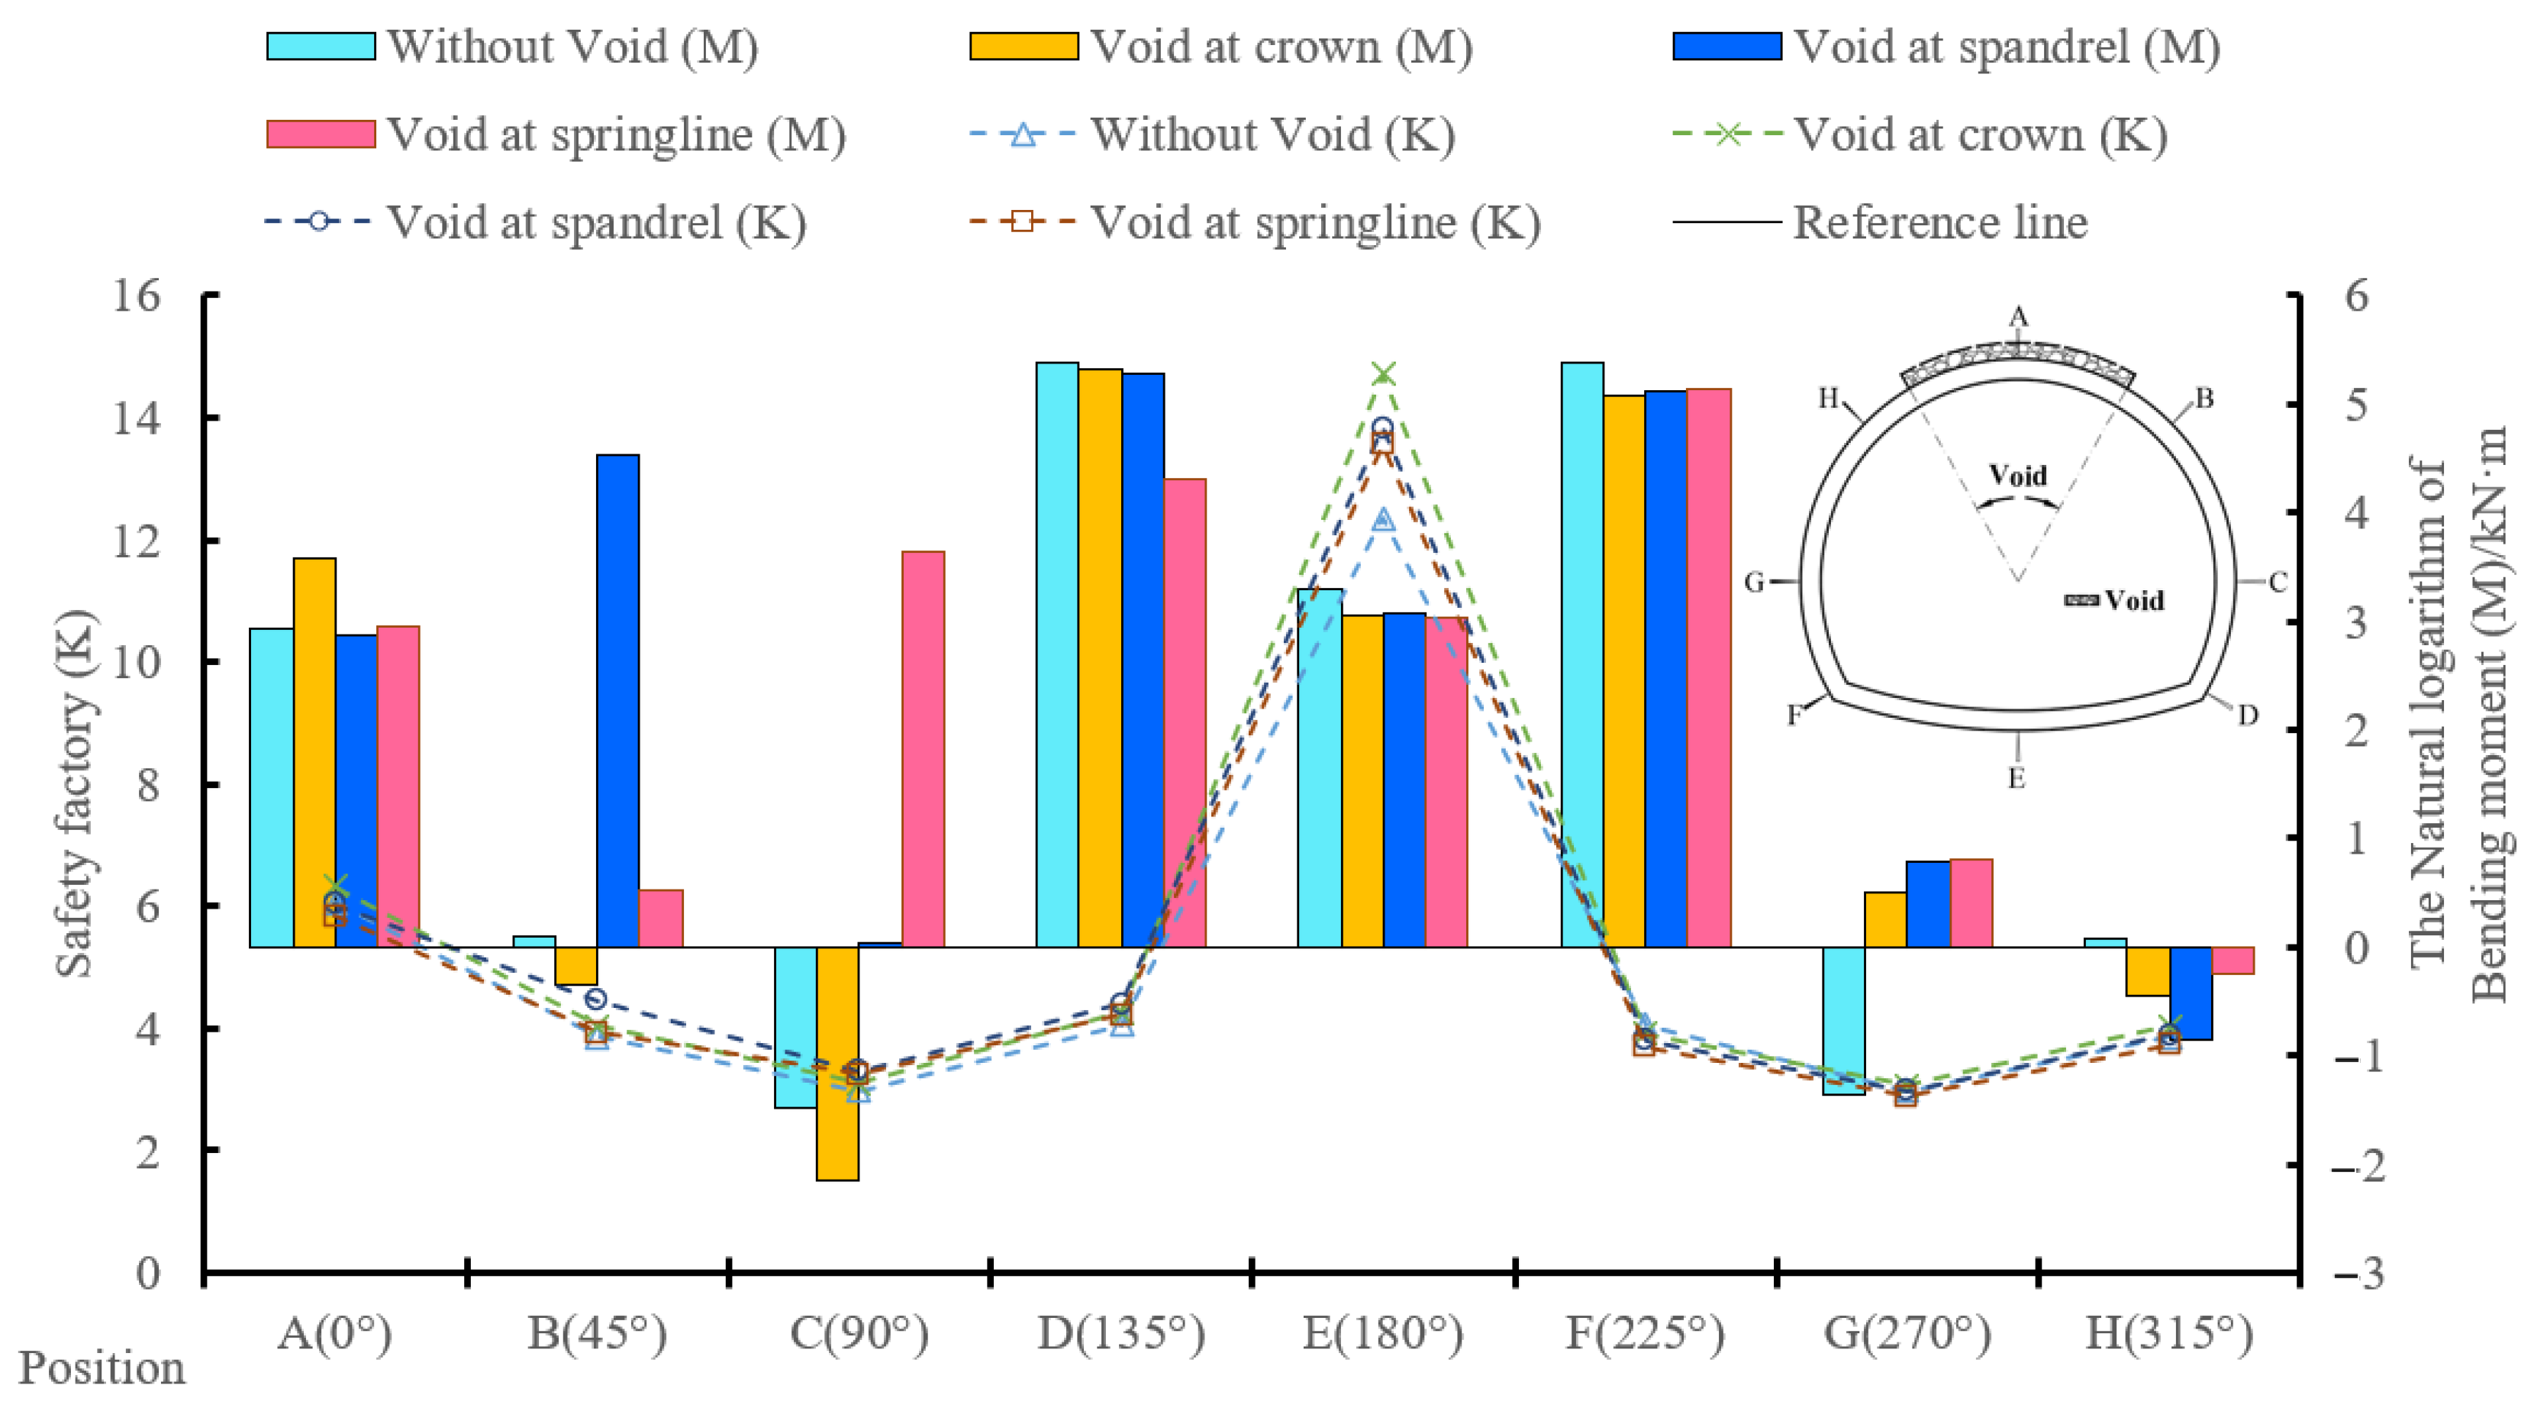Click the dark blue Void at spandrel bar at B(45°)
617,699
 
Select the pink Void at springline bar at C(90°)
923,749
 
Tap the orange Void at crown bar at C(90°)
837,1063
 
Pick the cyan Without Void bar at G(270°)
1843,1020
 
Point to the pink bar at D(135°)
1185,712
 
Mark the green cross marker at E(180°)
1384,374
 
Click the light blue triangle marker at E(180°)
1384,518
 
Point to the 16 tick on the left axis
136,295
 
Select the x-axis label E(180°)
1383,1333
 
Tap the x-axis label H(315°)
2169,1333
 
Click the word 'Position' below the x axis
102,1368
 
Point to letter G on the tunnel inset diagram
1754,583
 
